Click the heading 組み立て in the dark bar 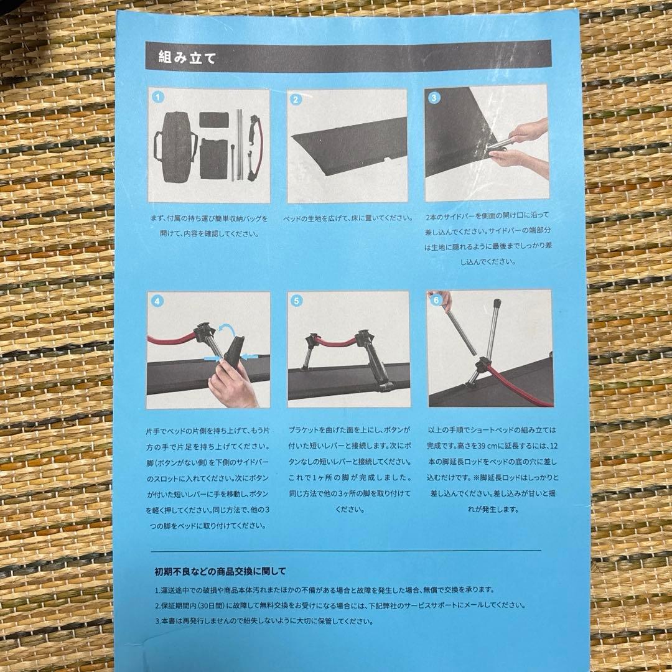(x=181, y=60)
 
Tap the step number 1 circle (x=158, y=98)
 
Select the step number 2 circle (x=296, y=98)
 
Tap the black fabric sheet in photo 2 (x=348, y=149)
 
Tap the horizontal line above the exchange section (x=345, y=551)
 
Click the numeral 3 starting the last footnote (x=157, y=620)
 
